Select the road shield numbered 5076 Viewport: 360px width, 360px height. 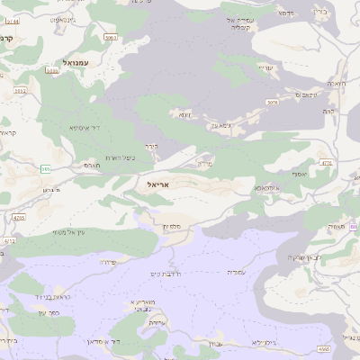(x=273, y=103)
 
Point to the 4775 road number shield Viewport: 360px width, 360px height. (x=326, y=164)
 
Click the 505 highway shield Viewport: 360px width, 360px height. (x=45, y=168)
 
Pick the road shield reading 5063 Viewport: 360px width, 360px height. (x=111, y=38)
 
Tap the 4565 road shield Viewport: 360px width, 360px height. (x=323, y=348)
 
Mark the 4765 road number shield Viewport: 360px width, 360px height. (x=19, y=217)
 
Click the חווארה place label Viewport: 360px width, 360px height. (x=335, y=84)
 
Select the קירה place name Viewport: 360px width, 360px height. (x=152, y=146)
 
